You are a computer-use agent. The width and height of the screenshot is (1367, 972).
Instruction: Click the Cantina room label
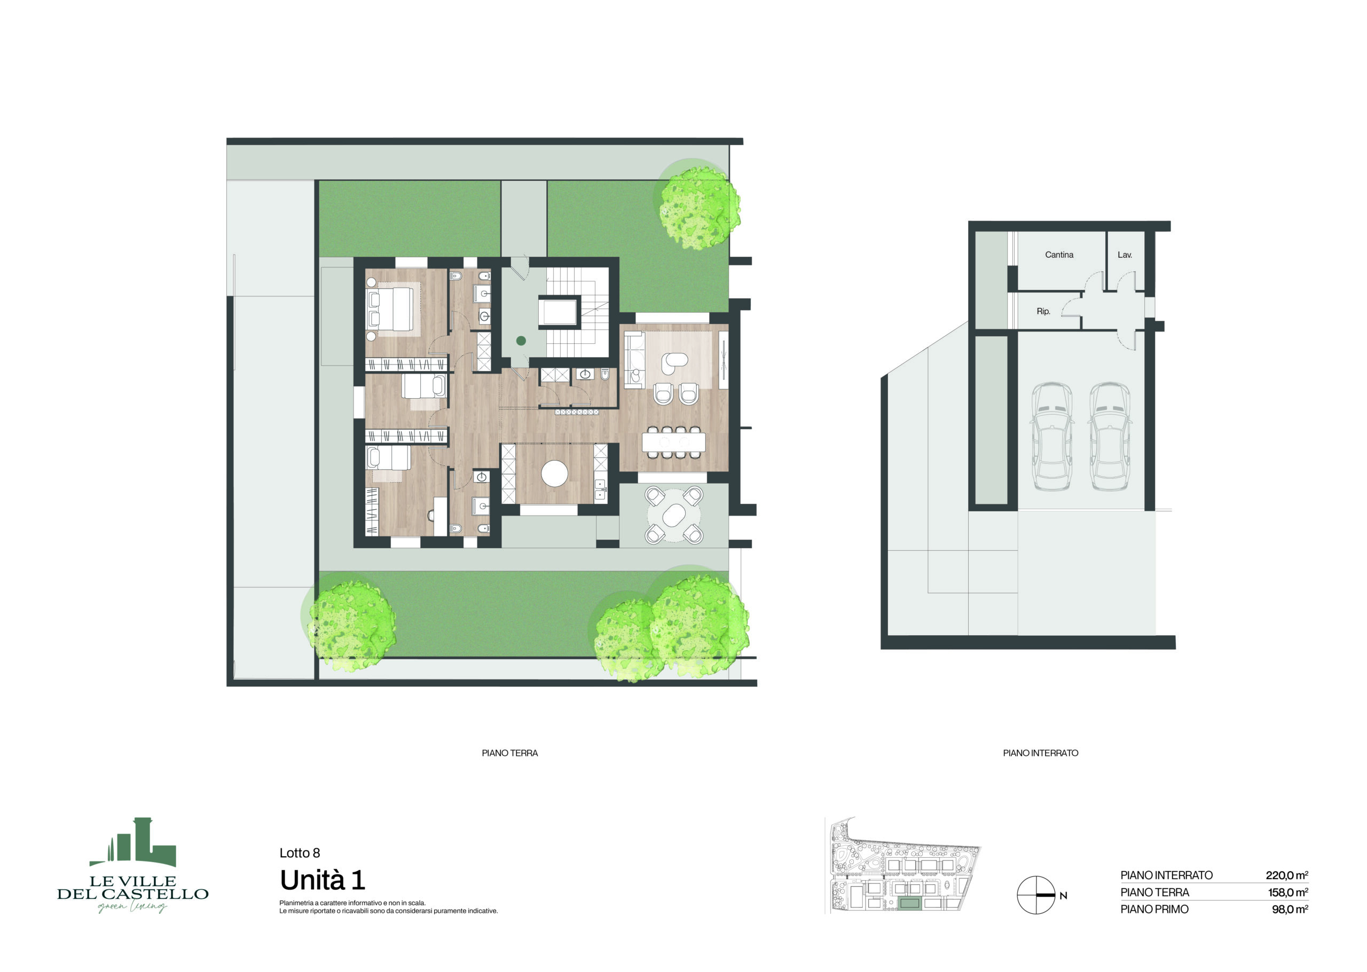1059,255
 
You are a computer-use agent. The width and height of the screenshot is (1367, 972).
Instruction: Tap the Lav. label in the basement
1125,255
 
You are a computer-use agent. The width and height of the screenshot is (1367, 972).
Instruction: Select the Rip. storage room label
1043,311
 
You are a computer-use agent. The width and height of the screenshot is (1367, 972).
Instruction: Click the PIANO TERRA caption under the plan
509,753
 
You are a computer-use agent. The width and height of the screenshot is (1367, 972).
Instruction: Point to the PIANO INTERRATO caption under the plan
1041,753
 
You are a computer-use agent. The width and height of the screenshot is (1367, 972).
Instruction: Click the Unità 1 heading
322,880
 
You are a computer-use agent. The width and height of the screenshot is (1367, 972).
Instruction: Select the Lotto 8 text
300,853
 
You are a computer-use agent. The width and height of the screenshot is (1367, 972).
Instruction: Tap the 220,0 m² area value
1287,875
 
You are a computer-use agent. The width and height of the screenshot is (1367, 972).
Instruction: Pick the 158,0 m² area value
1288,892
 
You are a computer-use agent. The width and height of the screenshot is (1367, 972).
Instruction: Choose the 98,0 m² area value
1290,909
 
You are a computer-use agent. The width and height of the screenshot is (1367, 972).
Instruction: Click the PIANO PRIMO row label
1154,909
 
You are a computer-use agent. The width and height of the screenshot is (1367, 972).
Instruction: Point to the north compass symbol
1036,895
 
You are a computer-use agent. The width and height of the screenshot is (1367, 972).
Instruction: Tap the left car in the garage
1051,437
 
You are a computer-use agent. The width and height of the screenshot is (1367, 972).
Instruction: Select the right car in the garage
1110,437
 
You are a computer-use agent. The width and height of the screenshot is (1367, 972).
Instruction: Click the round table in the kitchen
554,474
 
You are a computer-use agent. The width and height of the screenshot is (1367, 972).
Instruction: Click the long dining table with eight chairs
673,442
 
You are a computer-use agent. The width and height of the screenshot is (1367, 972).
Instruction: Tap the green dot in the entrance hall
521,341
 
